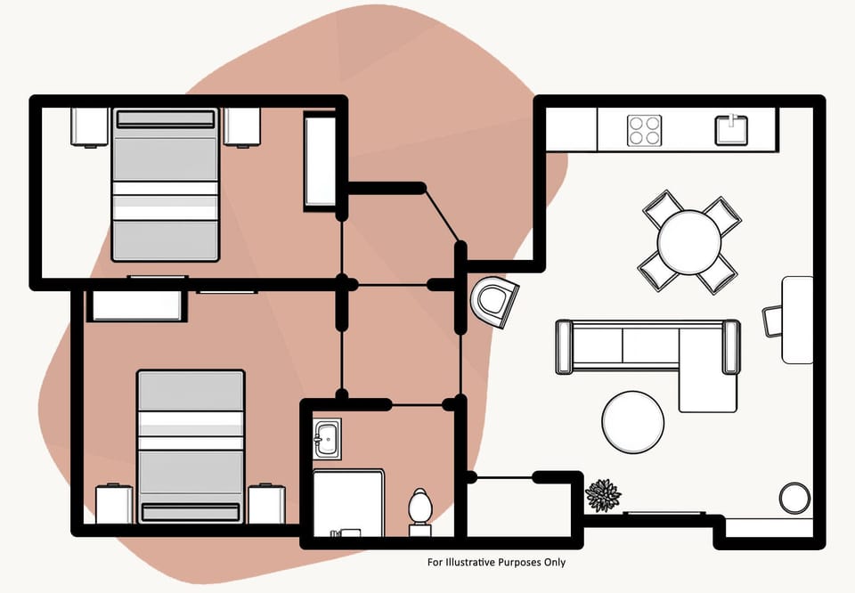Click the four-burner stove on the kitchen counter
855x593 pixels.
click(644, 131)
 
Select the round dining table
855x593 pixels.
click(689, 241)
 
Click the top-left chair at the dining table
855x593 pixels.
click(663, 210)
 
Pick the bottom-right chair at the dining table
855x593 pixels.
click(717, 273)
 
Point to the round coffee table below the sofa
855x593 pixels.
click(632, 422)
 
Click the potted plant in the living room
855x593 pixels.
click(603, 495)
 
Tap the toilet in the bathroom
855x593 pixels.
click(419, 509)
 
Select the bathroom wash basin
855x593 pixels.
click(327, 439)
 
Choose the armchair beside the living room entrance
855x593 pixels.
click(495, 302)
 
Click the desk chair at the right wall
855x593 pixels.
click(772, 321)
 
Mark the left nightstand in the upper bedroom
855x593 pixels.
click(89, 126)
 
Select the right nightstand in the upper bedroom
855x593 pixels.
click(241, 126)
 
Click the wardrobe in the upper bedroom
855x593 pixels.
click(320, 161)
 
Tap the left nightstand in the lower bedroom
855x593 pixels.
click(114, 504)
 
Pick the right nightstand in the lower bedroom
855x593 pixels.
click(266, 504)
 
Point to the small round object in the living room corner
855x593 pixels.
click(794, 497)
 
